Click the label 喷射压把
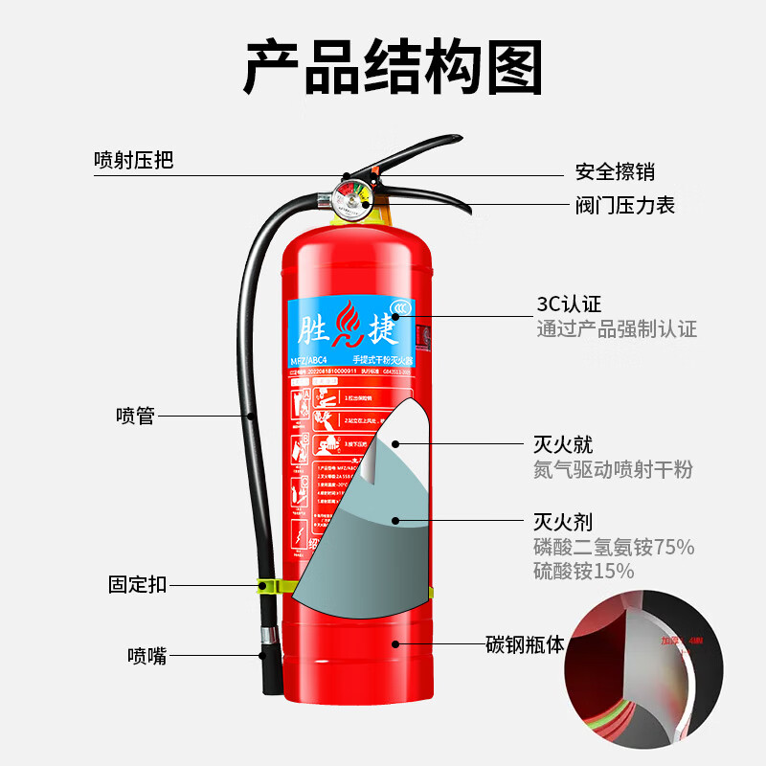pyautogui.click(x=134, y=160)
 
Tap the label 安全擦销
pyautogui.click(x=615, y=172)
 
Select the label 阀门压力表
pyautogui.click(x=625, y=205)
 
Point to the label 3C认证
pyautogui.click(x=569, y=304)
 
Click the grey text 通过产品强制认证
pyautogui.click(x=617, y=329)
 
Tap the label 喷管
pyautogui.click(x=135, y=417)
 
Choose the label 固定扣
pyautogui.click(x=137, y=584)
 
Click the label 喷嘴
pyautogui.click(x=146, y=656)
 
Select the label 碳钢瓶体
pyautogui.click(x=525, y=643)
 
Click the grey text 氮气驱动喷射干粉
pyautogui.click(x=613, y=470)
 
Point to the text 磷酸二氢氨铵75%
pyautogui.click(x=614, y=548)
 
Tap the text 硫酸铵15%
pyautogui.click(x=584, y=572)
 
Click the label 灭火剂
pyautogui.click(x=563, y=522)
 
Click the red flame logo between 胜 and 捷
pyautogui.click(x=350, y=326)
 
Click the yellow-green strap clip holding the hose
pyautogui.click(x=272, y=584)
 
